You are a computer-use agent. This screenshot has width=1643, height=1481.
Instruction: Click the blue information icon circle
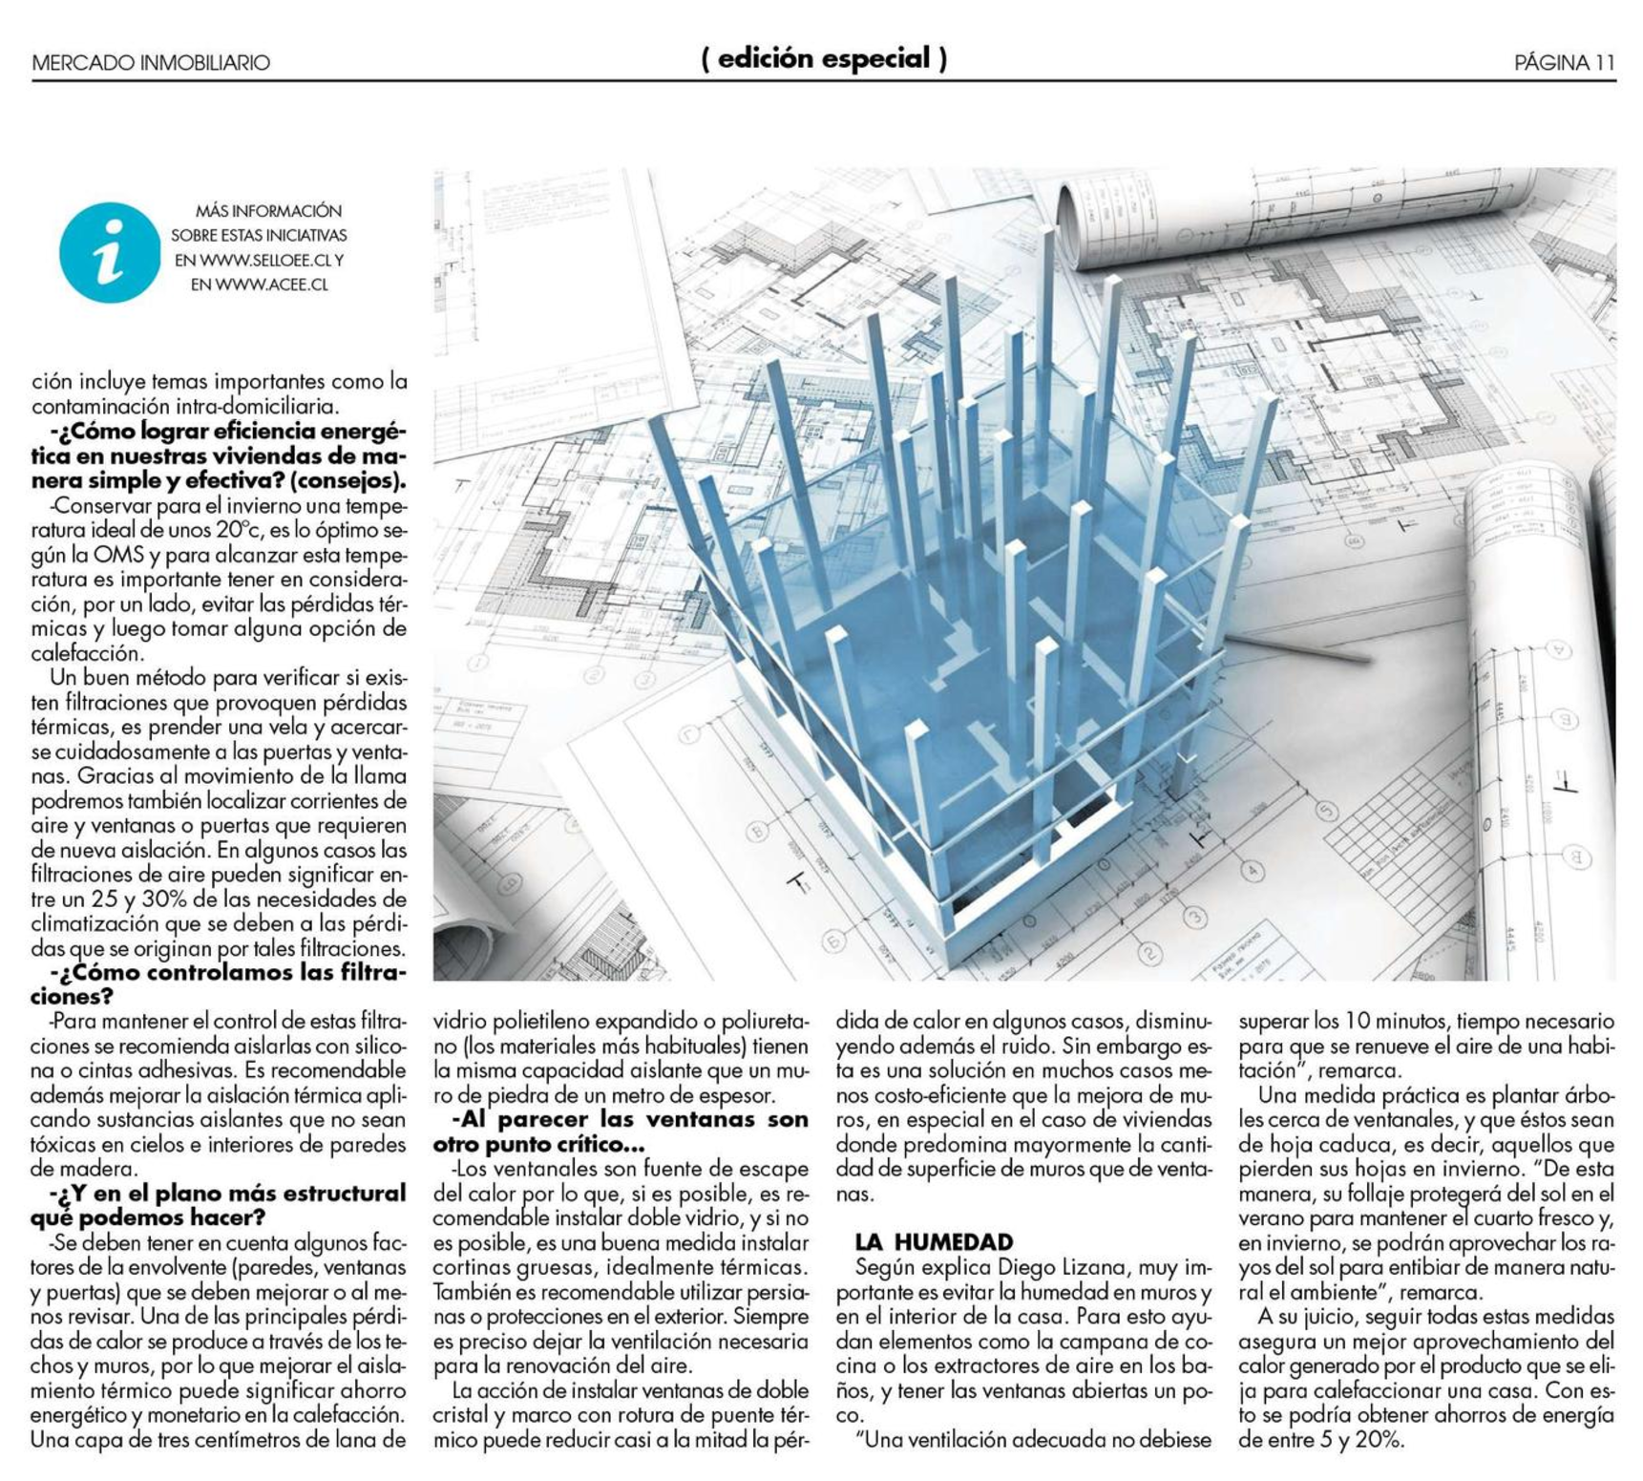(109, 252)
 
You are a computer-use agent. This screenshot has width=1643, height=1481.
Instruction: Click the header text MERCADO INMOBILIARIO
(151, 63)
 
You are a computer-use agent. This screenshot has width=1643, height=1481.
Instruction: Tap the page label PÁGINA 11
(1564, 63)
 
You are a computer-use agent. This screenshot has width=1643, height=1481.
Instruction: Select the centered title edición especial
(824, 59)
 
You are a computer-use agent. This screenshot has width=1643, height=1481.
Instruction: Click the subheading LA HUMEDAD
(934, 1242)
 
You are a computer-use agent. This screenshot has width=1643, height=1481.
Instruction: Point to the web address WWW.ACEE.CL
(271, 285)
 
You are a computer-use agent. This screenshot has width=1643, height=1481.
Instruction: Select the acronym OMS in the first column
(117, 555)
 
